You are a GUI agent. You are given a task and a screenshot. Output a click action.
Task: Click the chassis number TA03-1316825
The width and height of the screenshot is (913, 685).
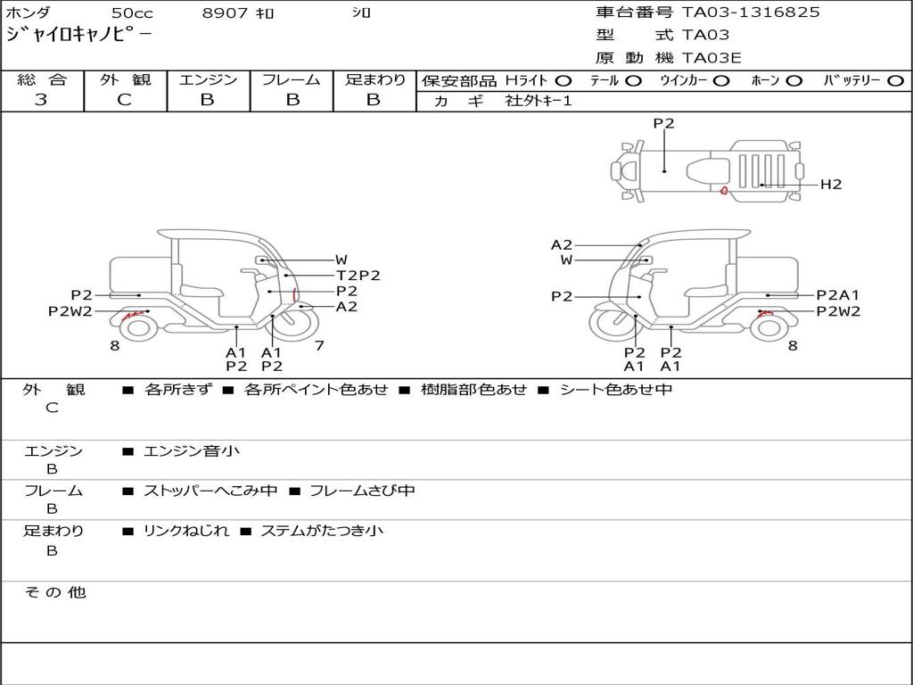pos(751,12)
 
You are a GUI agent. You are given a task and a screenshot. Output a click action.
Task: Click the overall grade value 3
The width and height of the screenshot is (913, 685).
pos(41,100)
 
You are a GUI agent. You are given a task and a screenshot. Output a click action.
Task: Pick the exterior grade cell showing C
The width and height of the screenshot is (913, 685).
pos(124,100)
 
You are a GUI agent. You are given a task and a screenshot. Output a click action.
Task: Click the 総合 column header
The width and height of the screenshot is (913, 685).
pos(42,80)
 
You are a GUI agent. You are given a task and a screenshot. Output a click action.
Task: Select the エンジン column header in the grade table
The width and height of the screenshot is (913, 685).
pos(208,80)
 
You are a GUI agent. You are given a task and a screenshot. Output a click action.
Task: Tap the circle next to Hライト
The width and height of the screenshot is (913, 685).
pos(563,81)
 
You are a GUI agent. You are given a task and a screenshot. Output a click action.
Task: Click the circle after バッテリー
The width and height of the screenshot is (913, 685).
pos(895,81)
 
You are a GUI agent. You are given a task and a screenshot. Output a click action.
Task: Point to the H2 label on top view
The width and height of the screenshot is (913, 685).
pos(831,185)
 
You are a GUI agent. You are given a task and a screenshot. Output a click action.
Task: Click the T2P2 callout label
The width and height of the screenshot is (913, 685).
pos(358,276)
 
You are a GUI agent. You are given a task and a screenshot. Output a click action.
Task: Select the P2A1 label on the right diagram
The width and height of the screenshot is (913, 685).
pos(837,295)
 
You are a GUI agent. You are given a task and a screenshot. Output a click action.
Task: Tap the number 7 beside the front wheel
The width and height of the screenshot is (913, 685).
pos(318,346)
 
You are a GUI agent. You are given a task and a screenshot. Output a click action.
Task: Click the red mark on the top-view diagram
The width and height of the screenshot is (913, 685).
pos(725,189)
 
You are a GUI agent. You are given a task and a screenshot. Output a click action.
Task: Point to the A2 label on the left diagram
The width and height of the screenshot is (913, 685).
pos(346,307)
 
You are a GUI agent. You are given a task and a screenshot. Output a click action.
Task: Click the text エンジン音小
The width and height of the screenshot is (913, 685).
pos(192,451)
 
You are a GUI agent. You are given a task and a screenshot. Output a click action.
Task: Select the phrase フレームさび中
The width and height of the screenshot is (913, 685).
pos(361,491)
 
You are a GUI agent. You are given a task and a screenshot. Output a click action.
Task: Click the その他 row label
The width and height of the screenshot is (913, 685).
pos(54,592)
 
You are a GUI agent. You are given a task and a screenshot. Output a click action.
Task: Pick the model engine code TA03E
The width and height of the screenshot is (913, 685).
pos(711,59)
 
